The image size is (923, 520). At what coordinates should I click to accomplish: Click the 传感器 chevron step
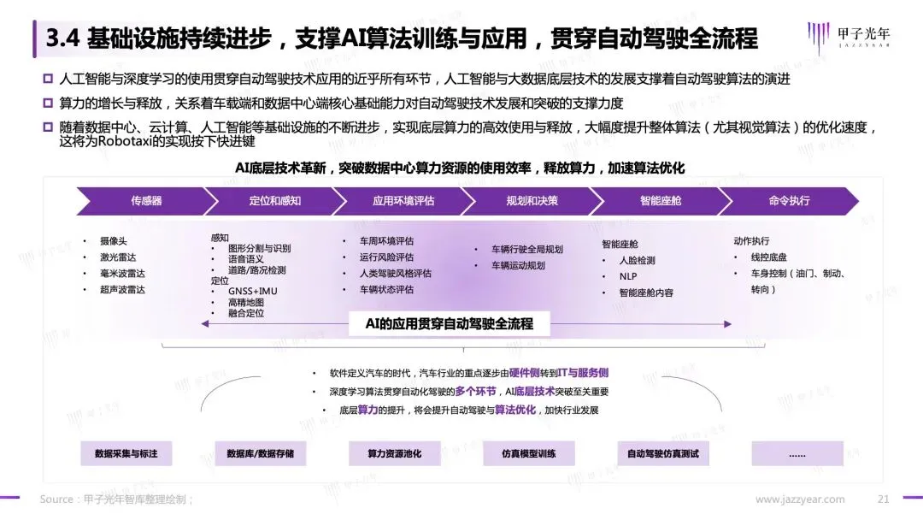pos(146,201)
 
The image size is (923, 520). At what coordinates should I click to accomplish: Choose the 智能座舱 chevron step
pos(659,201)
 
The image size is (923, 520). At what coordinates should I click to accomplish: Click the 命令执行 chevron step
pos(788,201)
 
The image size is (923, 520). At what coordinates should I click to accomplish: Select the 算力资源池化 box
pos(395,453)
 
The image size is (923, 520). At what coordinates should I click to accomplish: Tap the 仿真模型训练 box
pos(529,453)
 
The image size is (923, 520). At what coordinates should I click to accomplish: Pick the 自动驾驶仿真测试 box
pos(663,453)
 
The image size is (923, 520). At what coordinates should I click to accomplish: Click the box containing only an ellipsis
pos(797,453)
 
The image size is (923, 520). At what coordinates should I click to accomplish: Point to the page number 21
pos(884,499)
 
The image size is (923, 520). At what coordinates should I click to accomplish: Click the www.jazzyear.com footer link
pos(800,499)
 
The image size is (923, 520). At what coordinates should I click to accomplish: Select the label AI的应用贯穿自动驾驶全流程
pos(450,324)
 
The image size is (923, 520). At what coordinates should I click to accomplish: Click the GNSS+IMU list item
pos(253,291)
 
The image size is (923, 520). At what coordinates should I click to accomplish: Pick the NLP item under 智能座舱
pos(628,276)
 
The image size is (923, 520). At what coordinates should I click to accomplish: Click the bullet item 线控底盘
pos(769,257)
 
